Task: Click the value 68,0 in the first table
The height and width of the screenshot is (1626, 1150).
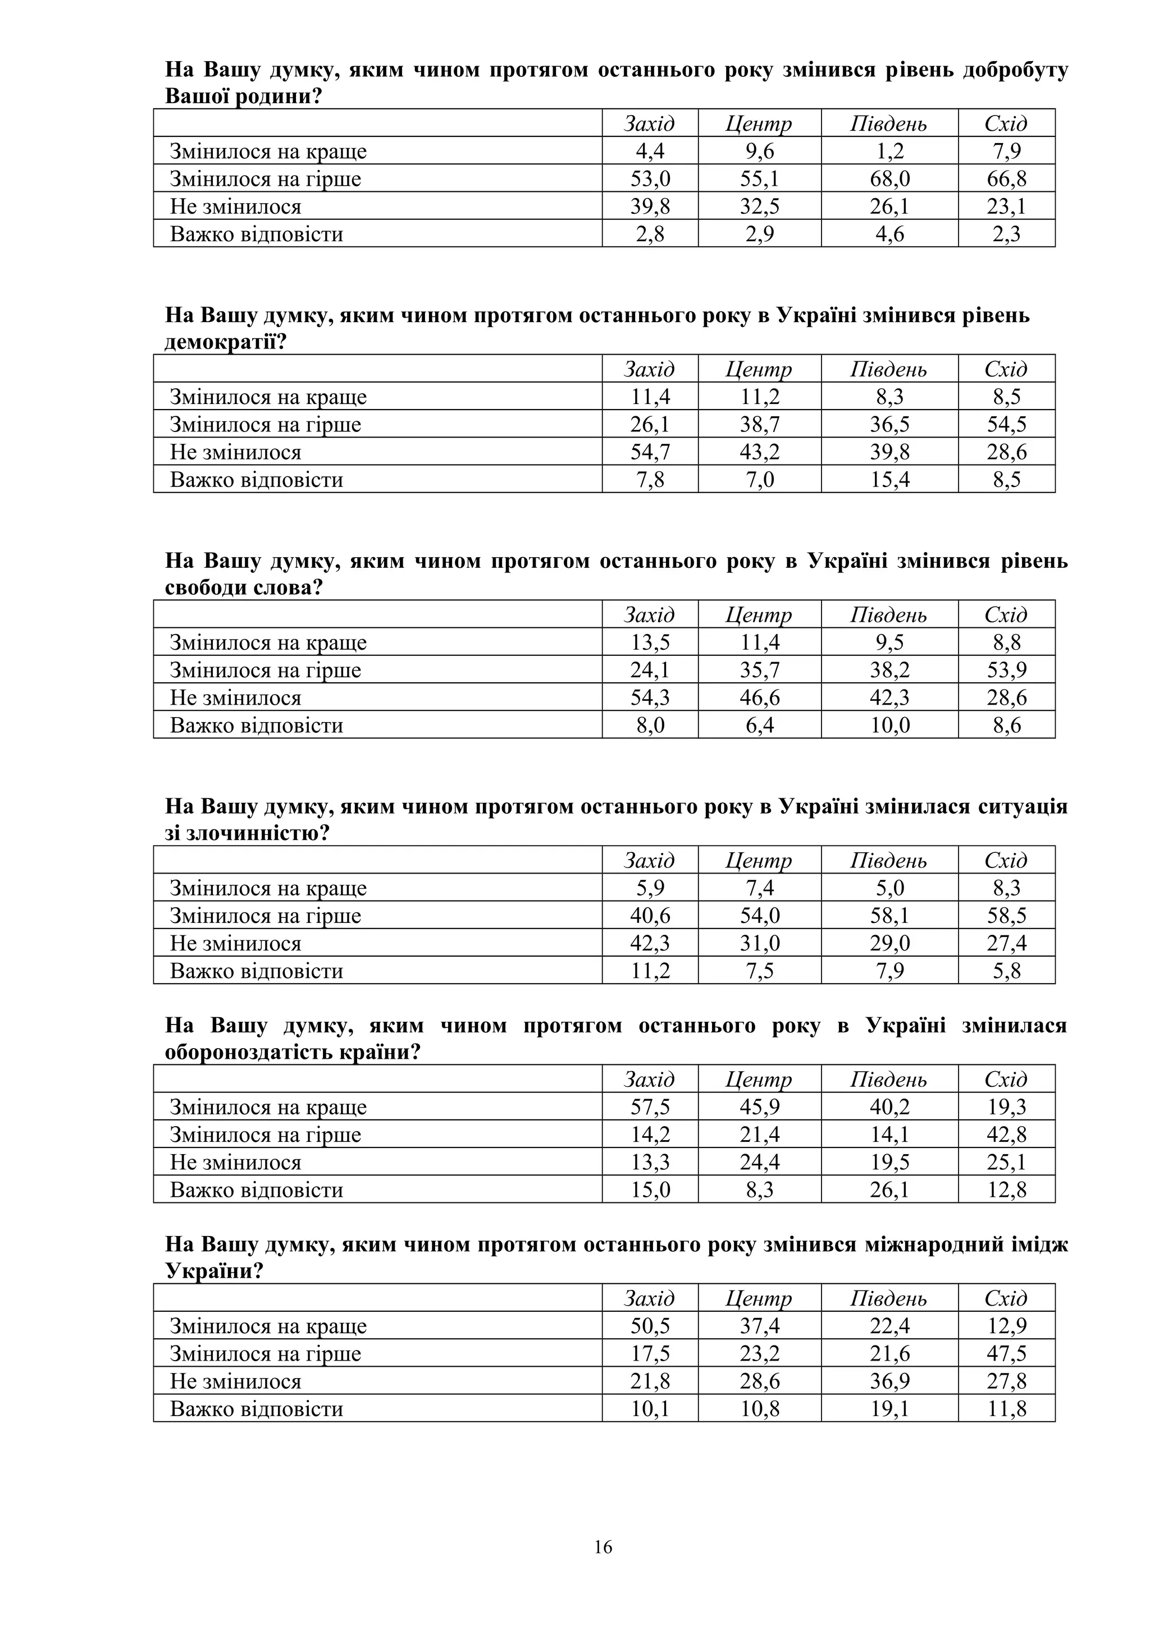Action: click(889, 178)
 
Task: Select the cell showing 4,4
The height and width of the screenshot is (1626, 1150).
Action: click(650, 151)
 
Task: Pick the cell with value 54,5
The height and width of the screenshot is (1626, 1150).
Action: click(1006, 424)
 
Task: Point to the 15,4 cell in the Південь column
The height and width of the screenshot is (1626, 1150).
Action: click(889, 480)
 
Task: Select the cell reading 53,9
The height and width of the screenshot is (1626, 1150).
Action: click(1006, 670)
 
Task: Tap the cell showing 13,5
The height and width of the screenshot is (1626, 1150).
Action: click(650, 642)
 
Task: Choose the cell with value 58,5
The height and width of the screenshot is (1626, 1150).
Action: click(1006, 916)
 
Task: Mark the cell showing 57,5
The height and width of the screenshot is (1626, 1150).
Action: click(650, 1107)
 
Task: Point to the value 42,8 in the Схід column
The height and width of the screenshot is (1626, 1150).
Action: click(1006, 1134)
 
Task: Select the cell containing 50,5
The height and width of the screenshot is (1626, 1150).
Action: click(650, 1326)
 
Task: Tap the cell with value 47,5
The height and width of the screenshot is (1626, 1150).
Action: click(1006, 1353)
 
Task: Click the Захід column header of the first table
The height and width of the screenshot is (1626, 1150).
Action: click(650, 124)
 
